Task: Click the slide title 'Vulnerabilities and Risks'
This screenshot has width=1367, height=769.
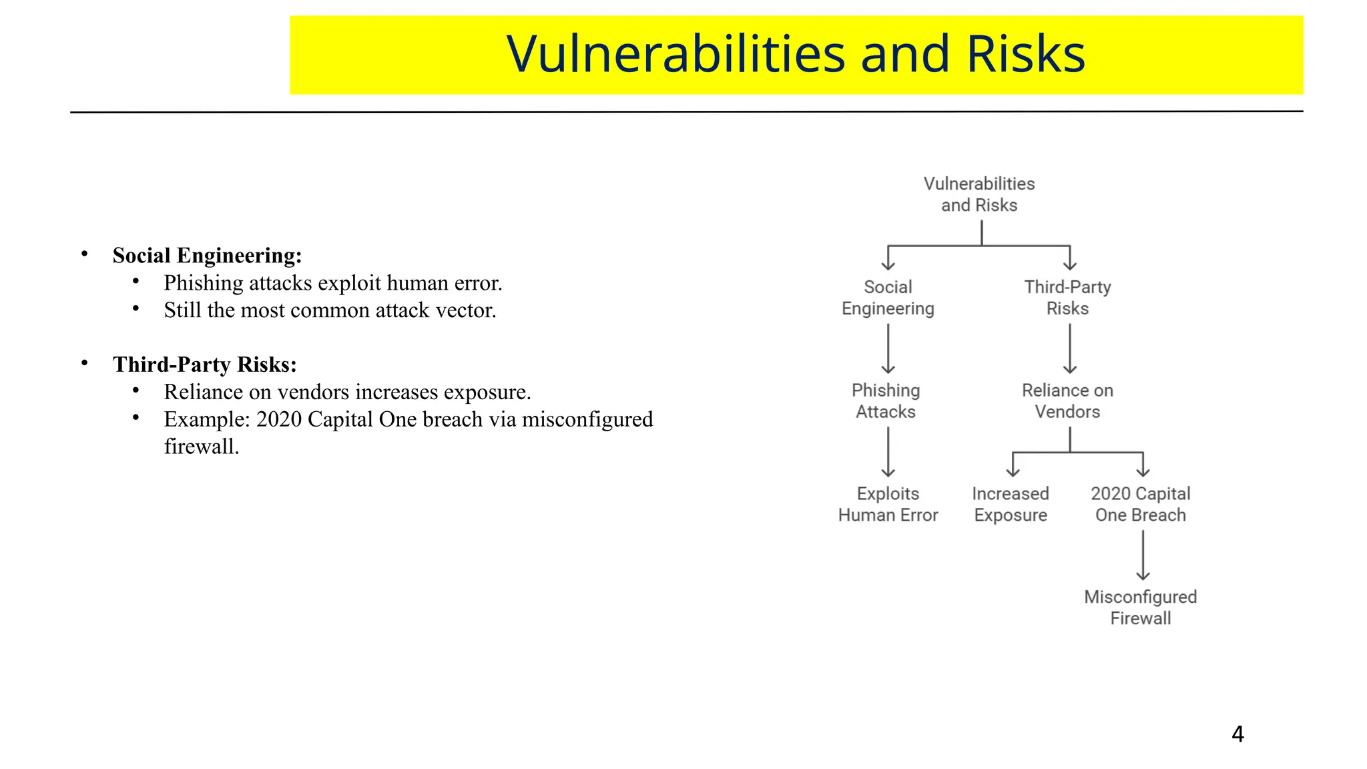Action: pyautogui.click(x=796, y=54)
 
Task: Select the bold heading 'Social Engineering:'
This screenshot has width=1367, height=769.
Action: pyautogui.click(x=207, y=256)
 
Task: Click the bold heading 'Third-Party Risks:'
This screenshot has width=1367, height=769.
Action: pyautogui.click(x=204, y=364)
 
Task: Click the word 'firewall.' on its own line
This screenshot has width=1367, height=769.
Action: pyautogui.click(x=202, y=447)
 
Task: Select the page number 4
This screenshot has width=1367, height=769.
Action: pyautogui.click(x=1237, y=734)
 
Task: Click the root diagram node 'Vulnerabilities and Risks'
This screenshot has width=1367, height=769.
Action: pyautogui.click(x=979, y=194)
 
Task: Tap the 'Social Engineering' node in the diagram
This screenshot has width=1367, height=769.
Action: pyautogui.click(x=888, y=298)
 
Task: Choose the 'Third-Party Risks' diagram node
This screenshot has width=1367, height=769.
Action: pyautogui.click(x=1067, y=298)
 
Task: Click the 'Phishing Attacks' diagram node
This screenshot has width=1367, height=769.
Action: pyautogui.click(x=886, y=401)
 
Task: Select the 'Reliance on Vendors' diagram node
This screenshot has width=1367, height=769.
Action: pyautogui.click(x=1067, y=401)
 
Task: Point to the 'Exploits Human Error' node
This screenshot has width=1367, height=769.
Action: pyautogui.click(x=888, y=505)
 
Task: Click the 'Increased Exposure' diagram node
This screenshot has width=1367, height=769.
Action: pyautogui.click(x=1011, y=505)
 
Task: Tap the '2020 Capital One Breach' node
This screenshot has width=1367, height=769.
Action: pyautogui.click(x=1140, y=505)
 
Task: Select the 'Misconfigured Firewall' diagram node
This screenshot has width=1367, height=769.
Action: pyautogui.click(x=1140, y=607)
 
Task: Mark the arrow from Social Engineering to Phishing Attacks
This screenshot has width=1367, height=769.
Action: pyautogui.click(x=888, y=348)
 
